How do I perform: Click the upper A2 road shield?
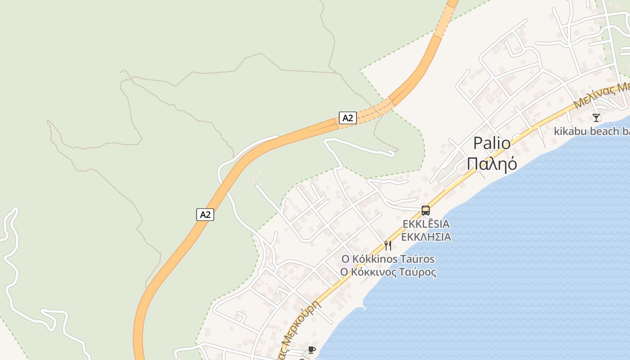pos(347,118)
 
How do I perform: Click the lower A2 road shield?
pos(205,215)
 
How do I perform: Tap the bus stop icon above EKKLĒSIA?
pos(425,210)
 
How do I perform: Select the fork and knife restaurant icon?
pos(388,245)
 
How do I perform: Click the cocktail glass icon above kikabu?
pos(596,118)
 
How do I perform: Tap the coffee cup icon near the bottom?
pos(311,350)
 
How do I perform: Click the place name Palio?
pos(492,144)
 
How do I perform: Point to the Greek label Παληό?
pos(492,164)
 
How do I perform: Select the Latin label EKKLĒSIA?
pos(426,224)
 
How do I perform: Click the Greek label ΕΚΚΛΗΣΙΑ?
pos(426,237)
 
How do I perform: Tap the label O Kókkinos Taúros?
pos(388,259)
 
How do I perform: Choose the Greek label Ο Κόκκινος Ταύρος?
pos(388,272)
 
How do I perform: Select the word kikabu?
pos(568,131)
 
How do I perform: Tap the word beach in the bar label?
pos(602,131)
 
